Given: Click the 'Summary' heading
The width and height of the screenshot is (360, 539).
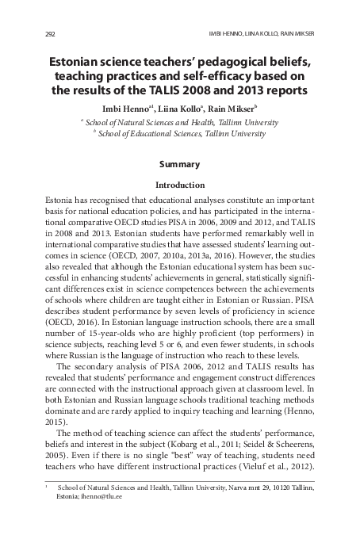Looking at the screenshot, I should pyautogui.click(x=179, y=165).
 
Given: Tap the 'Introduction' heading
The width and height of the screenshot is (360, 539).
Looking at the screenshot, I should pyautogui.click(x=179, y=185).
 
